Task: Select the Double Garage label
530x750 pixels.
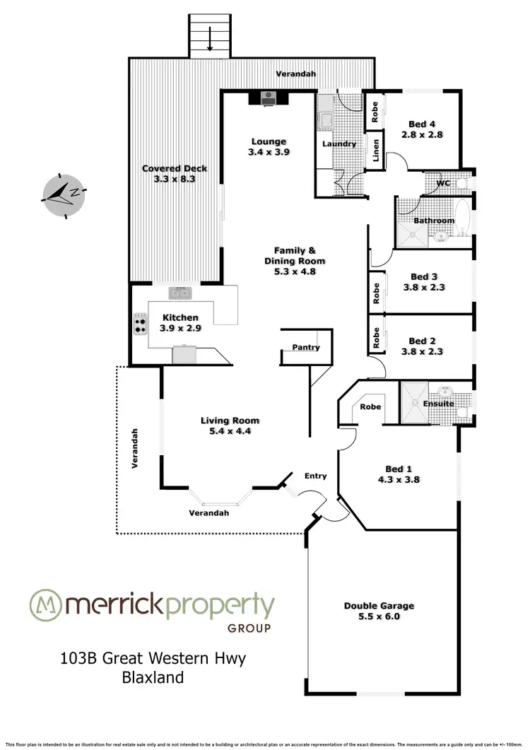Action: (379, 605)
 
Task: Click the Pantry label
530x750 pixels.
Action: (305, 347)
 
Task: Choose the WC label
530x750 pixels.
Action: (443, 183)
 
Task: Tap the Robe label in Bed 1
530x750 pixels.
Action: (371, 406)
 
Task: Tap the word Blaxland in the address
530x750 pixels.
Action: (153, 677)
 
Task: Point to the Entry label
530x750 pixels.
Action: (315, 476)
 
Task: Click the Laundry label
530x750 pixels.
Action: (338, 144)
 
